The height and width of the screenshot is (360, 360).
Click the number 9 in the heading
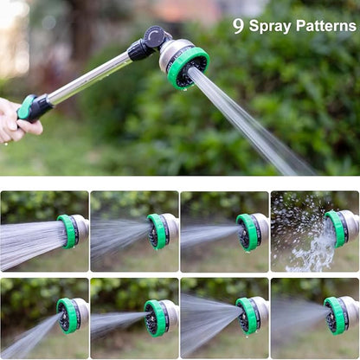pyautogui.click(x=238, y=26)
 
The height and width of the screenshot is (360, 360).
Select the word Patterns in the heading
pyautogui.click(x=325, y=26)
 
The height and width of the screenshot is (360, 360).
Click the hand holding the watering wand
pyautogui.click(x=16, y=121)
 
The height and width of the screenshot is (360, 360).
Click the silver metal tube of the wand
pyautogui.click(x=91, y=78)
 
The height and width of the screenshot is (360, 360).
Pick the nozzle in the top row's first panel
pyautogui.click(x=70, y=231)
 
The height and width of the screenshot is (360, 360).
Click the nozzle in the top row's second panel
pyautogui.click(x=158, y=231)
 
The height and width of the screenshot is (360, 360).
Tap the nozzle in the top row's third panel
pyautogui.click(x=250, y=231)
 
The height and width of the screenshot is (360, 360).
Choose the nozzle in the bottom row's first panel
pyautogui.click(x=70, y=316)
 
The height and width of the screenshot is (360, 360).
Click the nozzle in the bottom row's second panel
pyautogui.click(x=158, y=318)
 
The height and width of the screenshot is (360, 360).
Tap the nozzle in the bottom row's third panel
pyautogui.click(x=249, y=316)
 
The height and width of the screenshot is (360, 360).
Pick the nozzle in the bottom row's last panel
pyautogui.click(x=337, y=316)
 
